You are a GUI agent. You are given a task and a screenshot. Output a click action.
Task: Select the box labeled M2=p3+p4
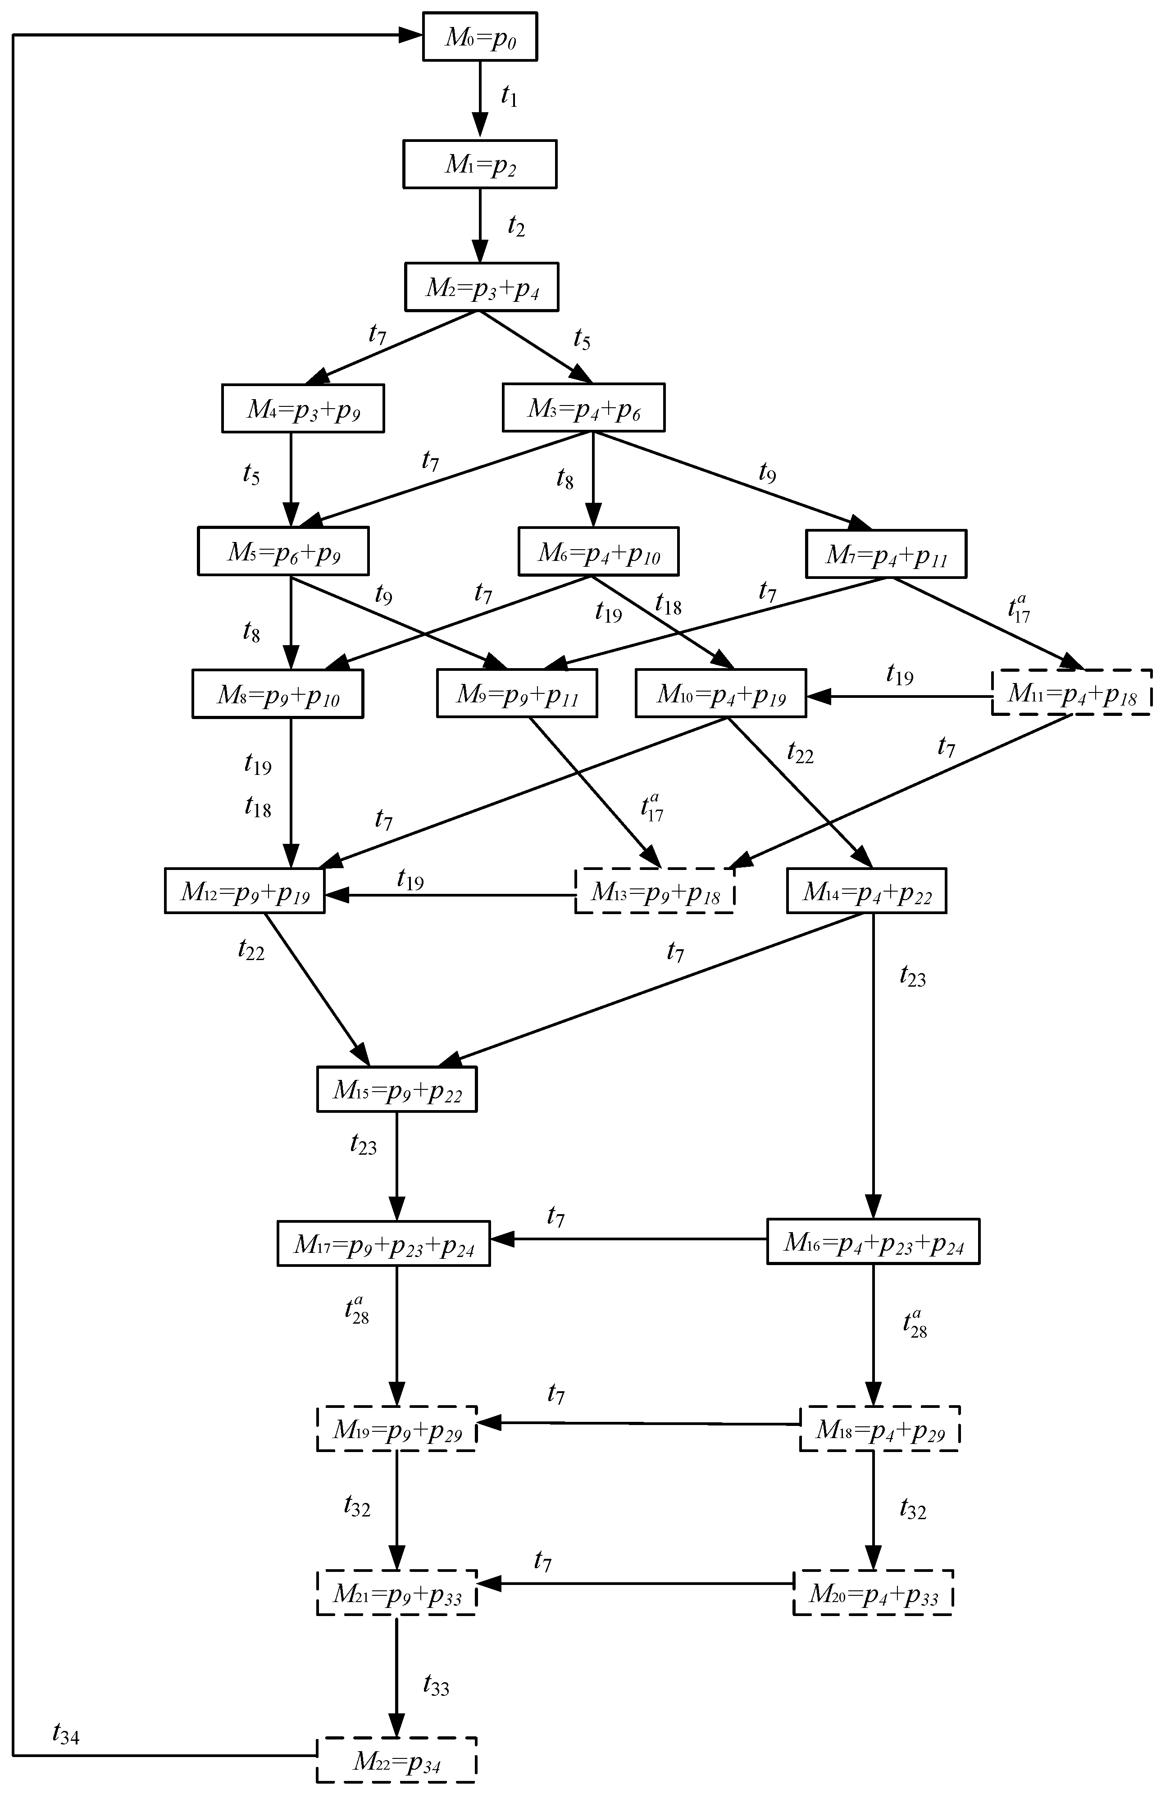pyautogui.click(x=482, y=287)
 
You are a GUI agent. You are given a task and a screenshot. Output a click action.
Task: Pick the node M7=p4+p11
pyautogui.click(x=886, y=555)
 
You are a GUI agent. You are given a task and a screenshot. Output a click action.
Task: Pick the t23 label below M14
pyautogui.click(x=912, y=976)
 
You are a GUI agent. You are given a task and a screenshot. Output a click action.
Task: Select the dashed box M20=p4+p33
pyautogui.click(x=873, y=1593)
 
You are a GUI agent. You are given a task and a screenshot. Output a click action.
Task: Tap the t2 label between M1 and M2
pyautogui.click(x=516, y=225)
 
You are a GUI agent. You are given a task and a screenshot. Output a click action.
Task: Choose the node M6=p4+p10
pyautogui.click(x=599, y=552)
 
